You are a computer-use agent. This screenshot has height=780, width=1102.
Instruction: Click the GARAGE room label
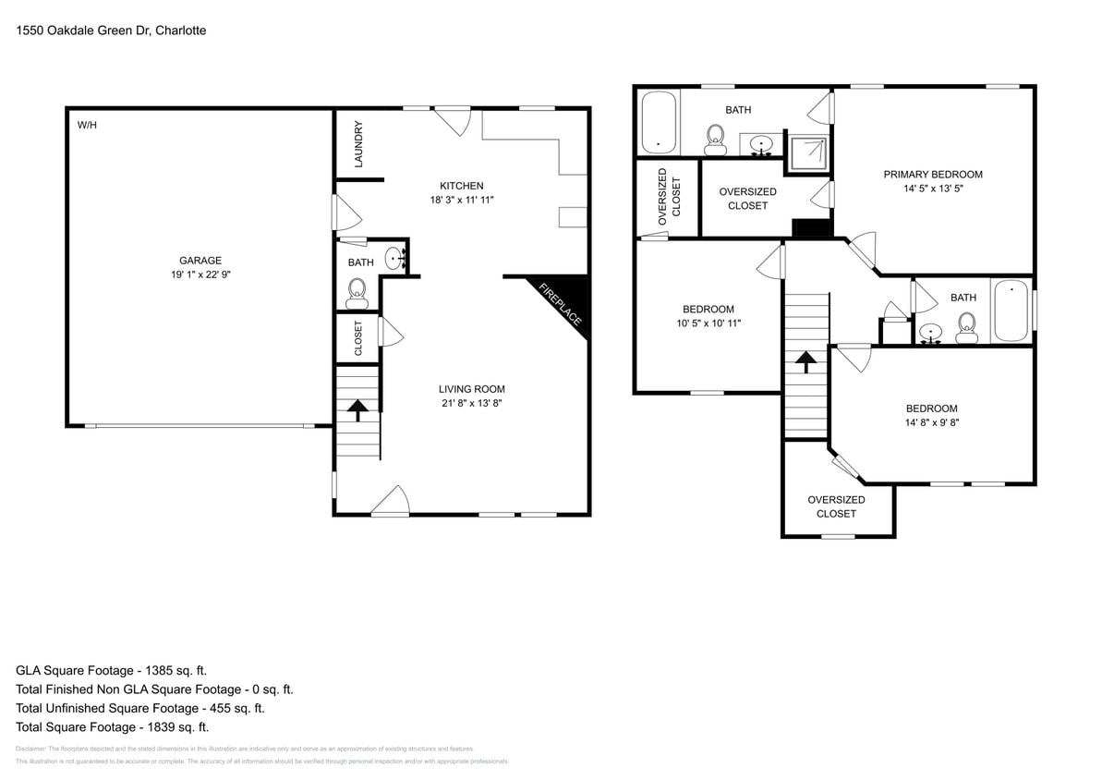coord(200,261)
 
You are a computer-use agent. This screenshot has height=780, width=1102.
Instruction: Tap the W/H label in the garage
coord(87,125)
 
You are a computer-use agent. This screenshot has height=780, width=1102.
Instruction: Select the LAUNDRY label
coord(358,144)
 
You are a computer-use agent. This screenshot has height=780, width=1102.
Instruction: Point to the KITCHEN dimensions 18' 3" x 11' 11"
coord(461,200)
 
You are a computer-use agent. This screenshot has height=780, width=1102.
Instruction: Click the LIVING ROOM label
coord(471,389)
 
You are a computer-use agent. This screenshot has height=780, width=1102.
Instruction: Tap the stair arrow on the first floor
coord(357,407)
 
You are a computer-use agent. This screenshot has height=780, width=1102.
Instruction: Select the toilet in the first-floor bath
coord(357,294)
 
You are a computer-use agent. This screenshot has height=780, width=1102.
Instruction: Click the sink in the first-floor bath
coord(394,258)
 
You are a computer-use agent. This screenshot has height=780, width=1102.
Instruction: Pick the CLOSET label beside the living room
coord(358,339)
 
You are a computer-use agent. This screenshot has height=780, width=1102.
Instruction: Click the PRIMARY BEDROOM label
coord(932,175)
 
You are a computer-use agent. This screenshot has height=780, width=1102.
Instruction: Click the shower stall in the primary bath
coord(806,150)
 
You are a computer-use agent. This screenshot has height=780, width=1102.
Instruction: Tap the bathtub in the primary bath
coord(659,122)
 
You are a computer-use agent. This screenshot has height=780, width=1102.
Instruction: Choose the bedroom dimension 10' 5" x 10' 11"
coord(708,323)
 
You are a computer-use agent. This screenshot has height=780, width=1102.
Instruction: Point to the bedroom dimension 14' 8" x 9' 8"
coord(931,422)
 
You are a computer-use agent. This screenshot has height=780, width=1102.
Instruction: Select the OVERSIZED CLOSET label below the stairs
coord(836,506)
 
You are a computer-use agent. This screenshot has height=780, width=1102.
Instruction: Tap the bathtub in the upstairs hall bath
coord(1011,311)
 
